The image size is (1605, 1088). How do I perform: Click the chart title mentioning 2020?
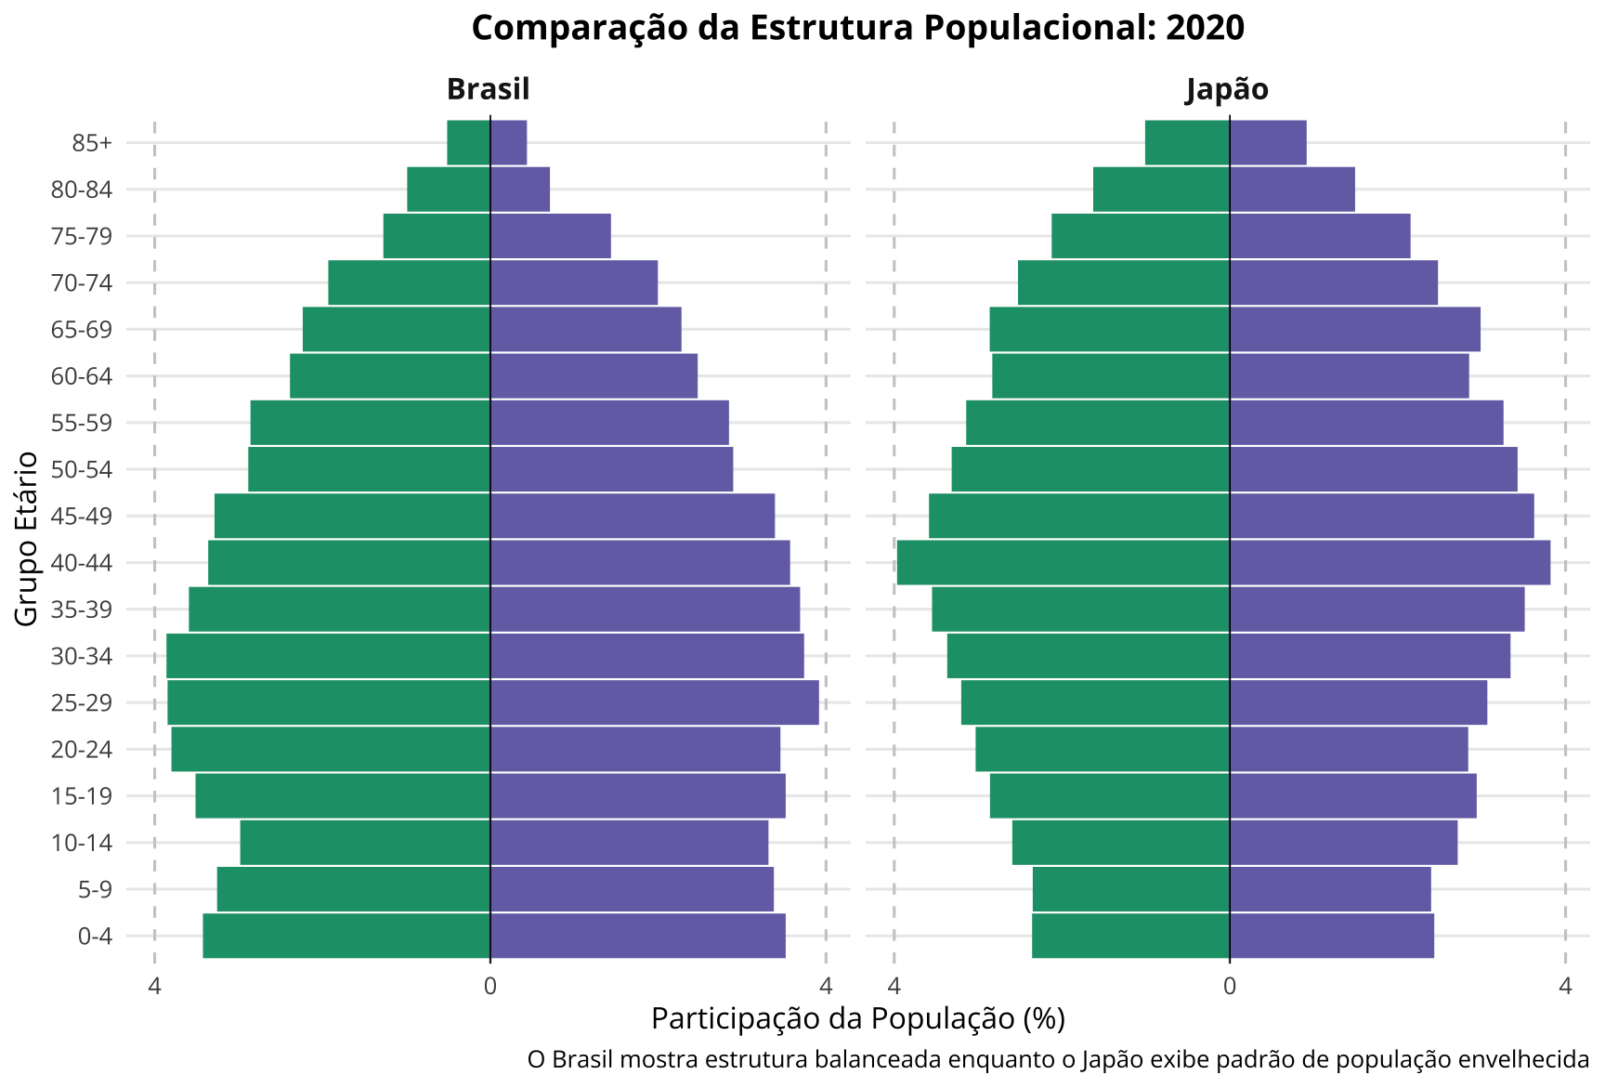857,28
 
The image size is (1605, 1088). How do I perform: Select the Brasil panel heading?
488,89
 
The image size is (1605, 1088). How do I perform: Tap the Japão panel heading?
1227,89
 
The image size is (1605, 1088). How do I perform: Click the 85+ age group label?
92,143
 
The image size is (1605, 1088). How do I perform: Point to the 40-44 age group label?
82,563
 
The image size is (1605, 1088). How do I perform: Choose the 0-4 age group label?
95,937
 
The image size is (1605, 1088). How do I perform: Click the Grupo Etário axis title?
27,538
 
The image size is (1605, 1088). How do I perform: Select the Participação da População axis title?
857,1019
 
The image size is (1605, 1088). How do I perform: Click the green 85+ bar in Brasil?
468,143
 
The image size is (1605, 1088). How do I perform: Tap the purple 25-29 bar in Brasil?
654,702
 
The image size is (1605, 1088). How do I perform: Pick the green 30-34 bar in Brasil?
328,656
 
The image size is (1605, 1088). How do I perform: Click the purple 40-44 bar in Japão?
1390,563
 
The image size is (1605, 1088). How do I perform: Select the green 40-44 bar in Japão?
1063,563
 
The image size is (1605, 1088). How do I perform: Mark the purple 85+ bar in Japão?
1268,143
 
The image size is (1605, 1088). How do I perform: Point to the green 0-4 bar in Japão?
1130,936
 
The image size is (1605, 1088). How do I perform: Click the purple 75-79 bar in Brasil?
550,236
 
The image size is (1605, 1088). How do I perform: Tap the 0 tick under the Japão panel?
1230,986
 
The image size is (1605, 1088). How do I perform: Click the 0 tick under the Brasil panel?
489,986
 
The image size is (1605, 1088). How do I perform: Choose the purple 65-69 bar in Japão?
1354,330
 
